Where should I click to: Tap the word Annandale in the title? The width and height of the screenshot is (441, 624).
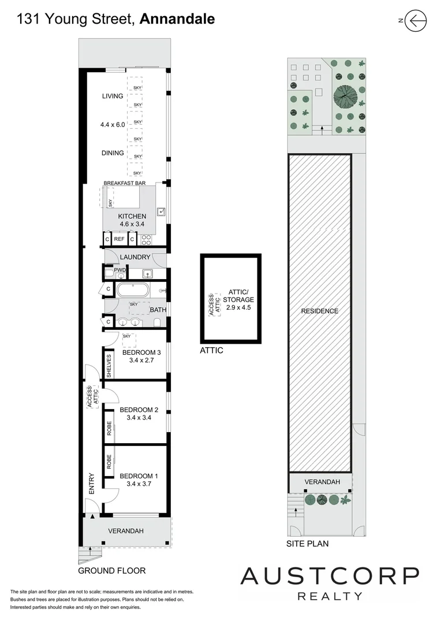[x=177, y=18]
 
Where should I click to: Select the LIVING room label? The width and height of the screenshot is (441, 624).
[x=113, y=96]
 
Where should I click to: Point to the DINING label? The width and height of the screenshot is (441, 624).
[x=113, y=153]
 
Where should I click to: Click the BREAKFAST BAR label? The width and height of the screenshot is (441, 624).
[x=125, y=183]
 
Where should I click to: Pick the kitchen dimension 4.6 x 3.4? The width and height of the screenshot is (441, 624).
[x=132, y=224]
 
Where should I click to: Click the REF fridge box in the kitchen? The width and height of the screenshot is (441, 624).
[x=119, y=239]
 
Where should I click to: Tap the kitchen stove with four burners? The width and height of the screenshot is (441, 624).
[x=146, y=240]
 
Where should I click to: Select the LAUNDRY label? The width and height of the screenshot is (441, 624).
[x=135, y=257]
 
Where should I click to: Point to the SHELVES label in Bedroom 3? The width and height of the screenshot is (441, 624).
[x=109, y=366]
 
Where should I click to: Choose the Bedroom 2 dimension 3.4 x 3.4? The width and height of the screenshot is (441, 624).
[x=139, y=418]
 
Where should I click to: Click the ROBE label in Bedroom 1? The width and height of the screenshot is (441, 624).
[x=109, y=462]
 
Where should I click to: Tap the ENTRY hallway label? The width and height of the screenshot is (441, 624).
[x=91, y=484]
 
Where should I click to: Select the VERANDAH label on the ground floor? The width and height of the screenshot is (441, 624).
[x=126, y=531]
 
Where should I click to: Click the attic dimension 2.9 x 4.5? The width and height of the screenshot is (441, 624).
[x=238, y=307]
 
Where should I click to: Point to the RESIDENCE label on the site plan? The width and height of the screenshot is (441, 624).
[x=320, y=311]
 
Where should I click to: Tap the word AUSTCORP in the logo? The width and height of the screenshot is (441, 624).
[x=330, y=577]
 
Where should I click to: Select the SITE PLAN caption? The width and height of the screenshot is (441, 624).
[x=308, y=544]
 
